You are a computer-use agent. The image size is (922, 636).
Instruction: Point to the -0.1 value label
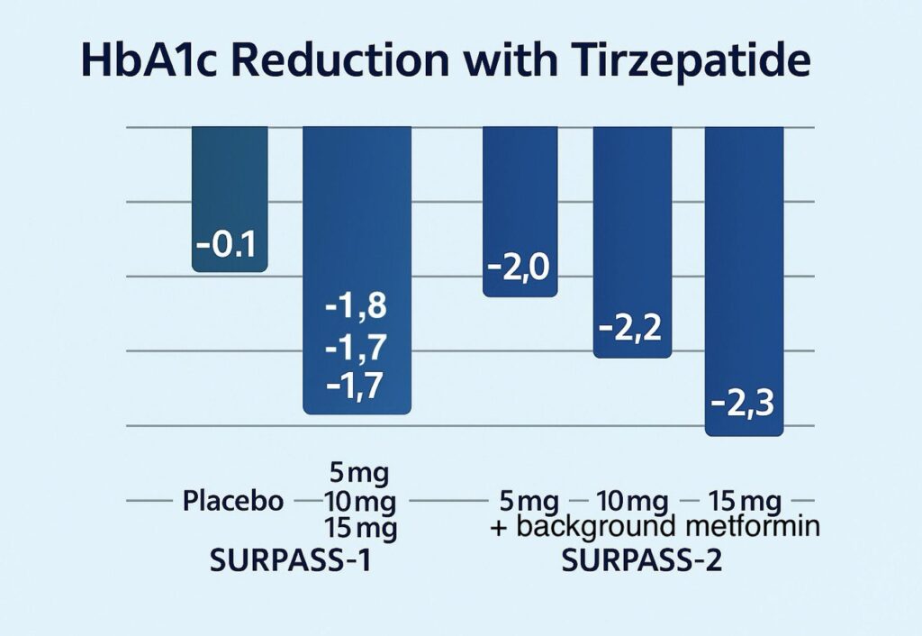coord(230,246)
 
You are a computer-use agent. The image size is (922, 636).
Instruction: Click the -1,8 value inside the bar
coord(356,308)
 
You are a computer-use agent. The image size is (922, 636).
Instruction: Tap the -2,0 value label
coord(520,269)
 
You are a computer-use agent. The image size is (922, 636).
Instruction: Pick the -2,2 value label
coord(631,330)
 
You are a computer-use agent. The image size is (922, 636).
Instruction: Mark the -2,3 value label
coord(743,404)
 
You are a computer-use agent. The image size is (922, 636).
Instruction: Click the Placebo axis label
coord(232,501)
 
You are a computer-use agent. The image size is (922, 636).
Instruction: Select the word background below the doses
coord(595,527)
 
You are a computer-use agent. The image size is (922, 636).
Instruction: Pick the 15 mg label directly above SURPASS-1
coord(356,527)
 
